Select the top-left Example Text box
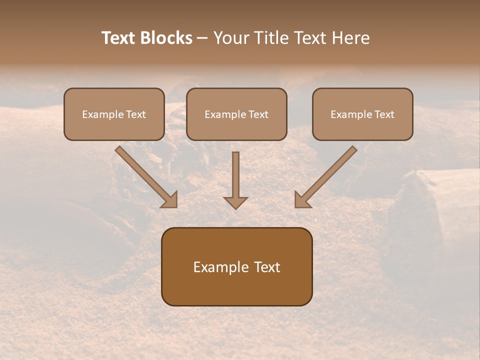pyautogui.click(x=114, y=114)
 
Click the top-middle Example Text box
pyautogui.click(x=236, y=114)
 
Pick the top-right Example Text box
pyautogui.click(x=362, y=114)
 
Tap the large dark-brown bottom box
pyautogui.click(x=236, y=266)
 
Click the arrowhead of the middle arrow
pyautogui.click(x=235, y=202)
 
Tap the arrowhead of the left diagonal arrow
pyautogui.click(x=170, y=200)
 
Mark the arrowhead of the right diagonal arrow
pyautogui.click(x=302, y=200)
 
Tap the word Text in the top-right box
pyautogui.click(x=384, y=114)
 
